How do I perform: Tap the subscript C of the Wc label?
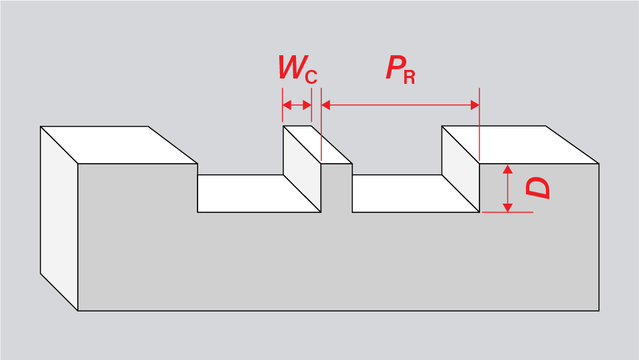[311, 77]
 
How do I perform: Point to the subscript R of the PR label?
[409, 77]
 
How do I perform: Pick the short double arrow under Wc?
[297, 105]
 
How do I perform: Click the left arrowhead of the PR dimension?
[326, 105]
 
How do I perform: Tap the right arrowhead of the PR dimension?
[475, 105]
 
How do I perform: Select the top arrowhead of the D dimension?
[508, 168]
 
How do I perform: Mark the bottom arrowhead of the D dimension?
[508, 208]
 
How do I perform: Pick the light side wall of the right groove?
[461, 166]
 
